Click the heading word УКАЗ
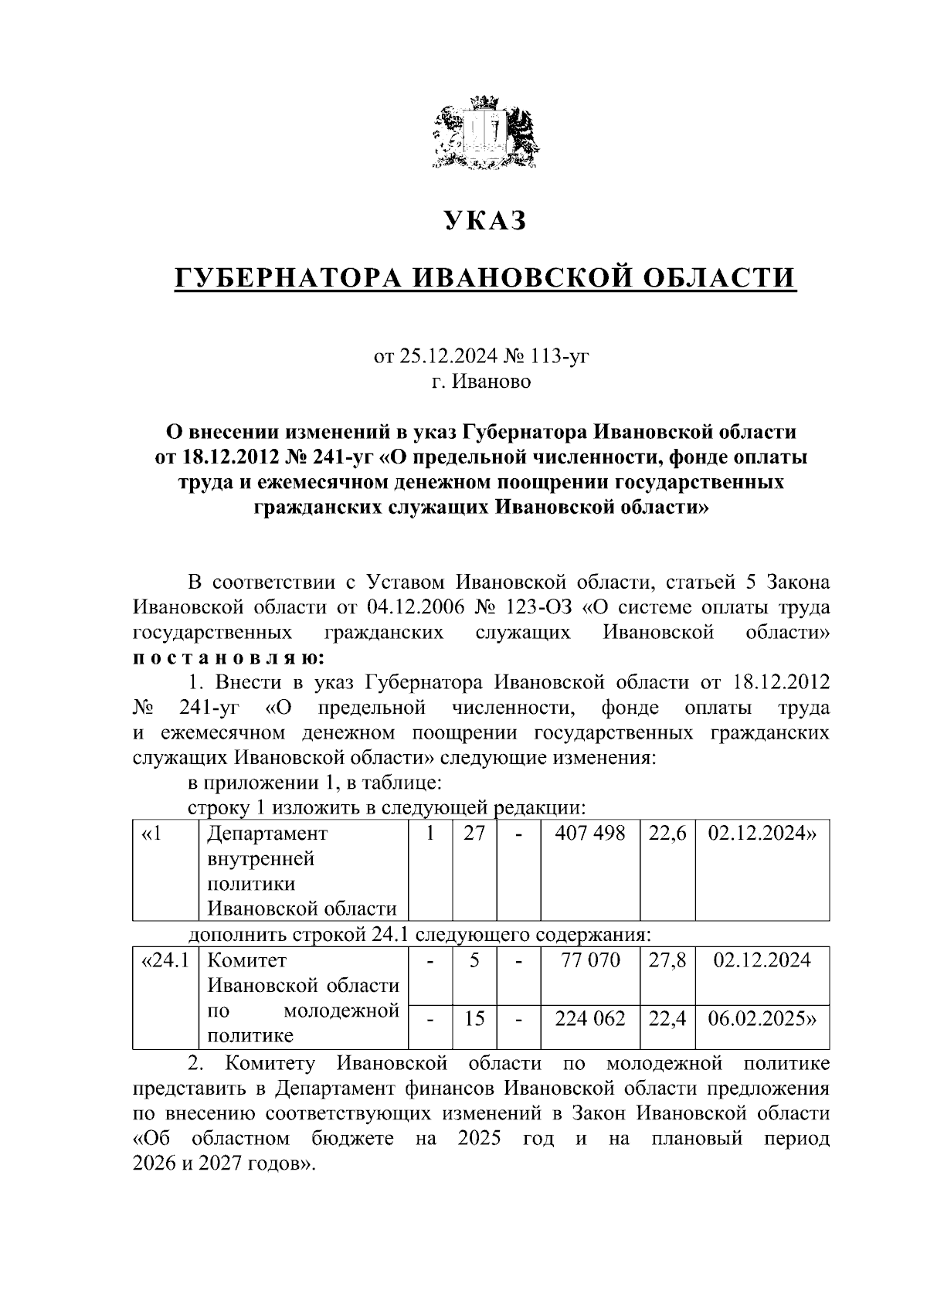[x=485, y=222]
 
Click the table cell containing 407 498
[x=589, y=834]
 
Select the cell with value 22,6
[x=667, y=834]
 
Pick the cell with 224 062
[x=589, y=1019]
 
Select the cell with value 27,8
[x=667, y=960]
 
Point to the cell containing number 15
[x=474, y=1019]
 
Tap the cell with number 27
[x=474, y=834]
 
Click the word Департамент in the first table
[x=267, y=834]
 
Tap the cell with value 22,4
[x=667, y=1019]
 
